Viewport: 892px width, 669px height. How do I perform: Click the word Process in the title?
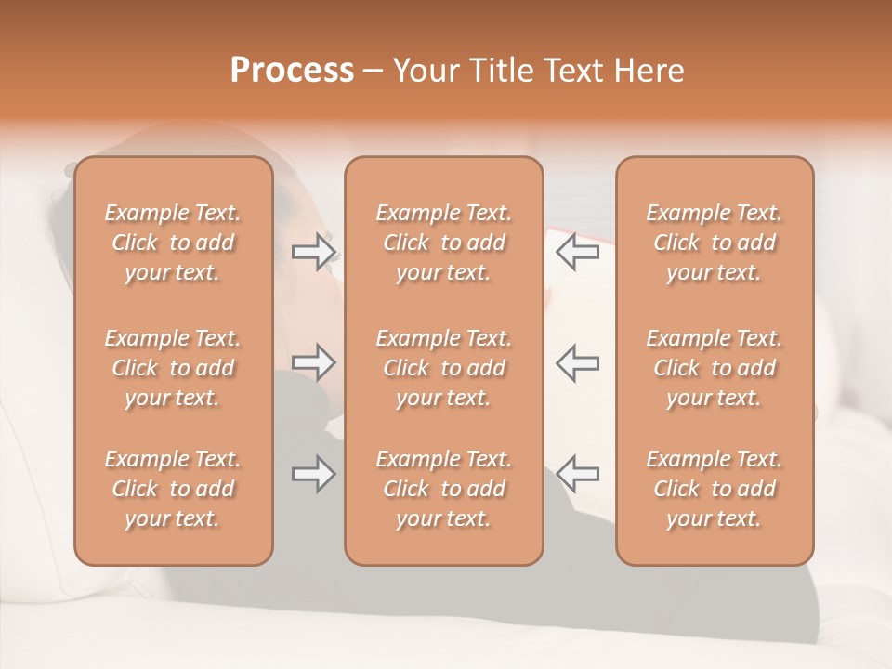[x=292, y=71]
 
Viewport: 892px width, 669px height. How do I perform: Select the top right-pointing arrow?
[x=314, y=251]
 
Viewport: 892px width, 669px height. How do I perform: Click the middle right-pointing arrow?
[x=314, y=361]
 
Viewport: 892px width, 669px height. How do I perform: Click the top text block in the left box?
[x=173, y=243]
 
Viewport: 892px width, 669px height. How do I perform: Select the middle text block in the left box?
[x=173, y=368]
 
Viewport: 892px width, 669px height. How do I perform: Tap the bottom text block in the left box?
[x=173, y=489]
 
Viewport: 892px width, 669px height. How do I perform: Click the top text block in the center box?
[x=444, y=243]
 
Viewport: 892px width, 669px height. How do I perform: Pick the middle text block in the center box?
[x=444, y=368]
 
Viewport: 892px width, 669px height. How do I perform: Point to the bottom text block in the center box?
[x=444, y=489]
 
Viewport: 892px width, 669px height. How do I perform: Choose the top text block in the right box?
[x=715, y=243]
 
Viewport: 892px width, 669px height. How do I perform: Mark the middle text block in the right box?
[x=715, y=368]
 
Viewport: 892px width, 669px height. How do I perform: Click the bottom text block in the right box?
[x=715, y=489]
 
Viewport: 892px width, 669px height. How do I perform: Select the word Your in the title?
[x=426, y=71]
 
